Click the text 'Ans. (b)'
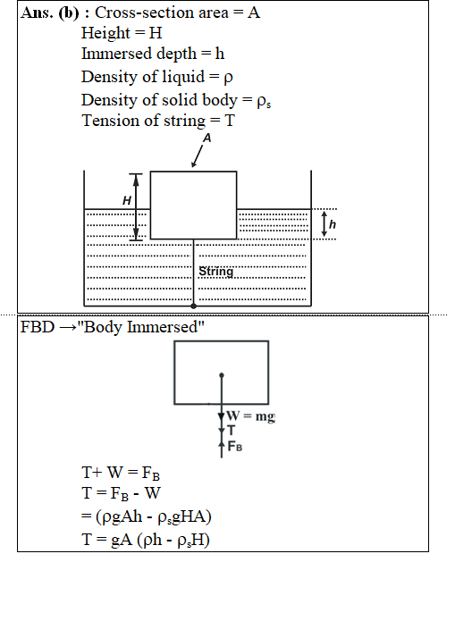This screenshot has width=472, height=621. coord(50,13)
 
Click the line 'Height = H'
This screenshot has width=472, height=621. coord(122,33)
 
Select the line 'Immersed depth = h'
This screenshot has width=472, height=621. coord(153,54)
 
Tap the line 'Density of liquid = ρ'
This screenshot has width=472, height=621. coord(157,77)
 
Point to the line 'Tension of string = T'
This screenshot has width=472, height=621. coord(158,121)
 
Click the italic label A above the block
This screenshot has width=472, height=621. coord(206,138)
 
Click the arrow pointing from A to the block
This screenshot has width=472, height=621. coord(197,156)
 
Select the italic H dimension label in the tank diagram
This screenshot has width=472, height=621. coord(127,200)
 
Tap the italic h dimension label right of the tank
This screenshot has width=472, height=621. coord(333,224)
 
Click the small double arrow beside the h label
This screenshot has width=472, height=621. coord(324,224)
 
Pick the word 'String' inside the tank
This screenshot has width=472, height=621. coord(216,272)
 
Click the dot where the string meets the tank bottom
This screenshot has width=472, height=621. coord(193,306)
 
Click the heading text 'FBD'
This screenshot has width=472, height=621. coord(38,327)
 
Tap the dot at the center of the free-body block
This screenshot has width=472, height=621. coord(222,375)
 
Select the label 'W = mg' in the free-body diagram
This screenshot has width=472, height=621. coord(251,416)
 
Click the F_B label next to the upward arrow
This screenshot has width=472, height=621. coord(235,447)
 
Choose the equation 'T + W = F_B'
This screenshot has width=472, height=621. coord(121,473)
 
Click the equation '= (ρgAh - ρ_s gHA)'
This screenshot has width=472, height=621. coord(147,516)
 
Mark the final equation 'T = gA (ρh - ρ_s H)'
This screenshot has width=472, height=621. coord(146,540)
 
